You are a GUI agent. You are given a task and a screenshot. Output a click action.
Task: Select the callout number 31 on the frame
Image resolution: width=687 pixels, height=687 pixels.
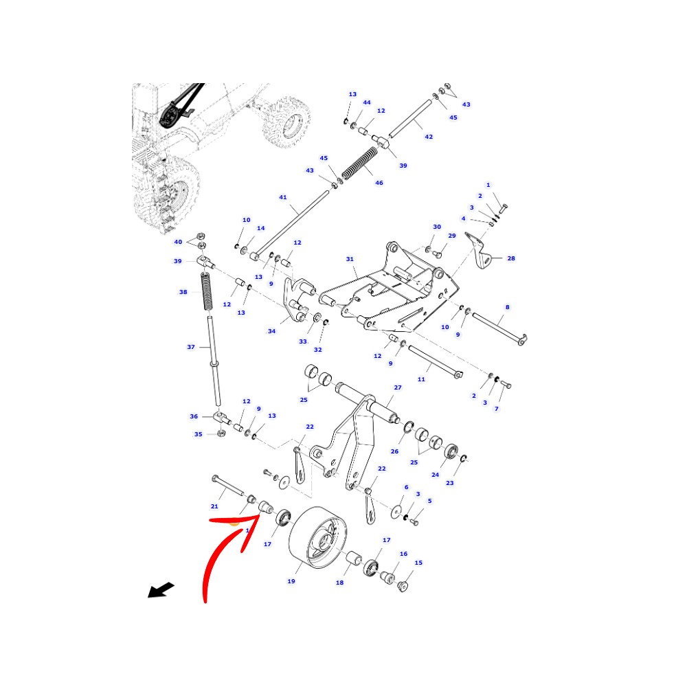pyautogui.click(x=350, y=259)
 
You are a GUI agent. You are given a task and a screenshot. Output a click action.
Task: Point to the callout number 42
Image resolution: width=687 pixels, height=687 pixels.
pyautogui.click(x=429, y=137)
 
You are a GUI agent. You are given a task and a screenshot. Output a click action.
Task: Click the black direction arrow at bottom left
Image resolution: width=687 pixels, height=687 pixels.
pyautogui.click(x=161, y=590)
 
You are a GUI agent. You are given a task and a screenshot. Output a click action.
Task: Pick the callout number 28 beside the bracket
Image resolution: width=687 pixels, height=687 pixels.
pyautogui.click(x=511, y=258)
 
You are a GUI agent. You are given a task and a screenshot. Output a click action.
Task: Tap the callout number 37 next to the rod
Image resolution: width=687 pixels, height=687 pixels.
pyautogui.click(x=191, y=347)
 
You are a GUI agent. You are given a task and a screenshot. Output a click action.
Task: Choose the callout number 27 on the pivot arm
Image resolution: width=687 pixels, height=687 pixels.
pyautogui.click(x=397, y=387)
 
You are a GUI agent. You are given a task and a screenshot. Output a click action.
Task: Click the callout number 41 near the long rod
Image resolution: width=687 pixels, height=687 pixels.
pyautogui.click(x=282, y=197)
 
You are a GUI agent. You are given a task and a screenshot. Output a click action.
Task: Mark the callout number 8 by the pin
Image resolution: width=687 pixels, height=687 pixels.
pyautogui.click(x=508, y=307)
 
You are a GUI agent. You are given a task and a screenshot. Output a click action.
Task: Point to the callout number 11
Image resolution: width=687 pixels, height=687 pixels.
pyautogui.click(x=421, y=379)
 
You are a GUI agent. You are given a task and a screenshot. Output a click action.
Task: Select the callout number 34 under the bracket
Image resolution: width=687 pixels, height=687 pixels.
pyautogui.click(x=271, y=331)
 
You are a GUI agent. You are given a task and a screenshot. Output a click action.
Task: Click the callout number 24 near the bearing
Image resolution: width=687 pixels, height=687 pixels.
pyautogui.click(x=435, y=475)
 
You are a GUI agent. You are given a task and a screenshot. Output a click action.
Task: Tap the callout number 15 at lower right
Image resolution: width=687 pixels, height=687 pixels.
pyautogui.click(x=418, y=563)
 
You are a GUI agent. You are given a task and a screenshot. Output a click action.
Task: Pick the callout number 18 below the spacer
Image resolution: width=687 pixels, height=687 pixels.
pyautogui.click(x=339, y=583)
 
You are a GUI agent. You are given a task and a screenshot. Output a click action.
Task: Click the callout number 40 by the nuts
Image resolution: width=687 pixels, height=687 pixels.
pyautogui.click(x=178, y=242)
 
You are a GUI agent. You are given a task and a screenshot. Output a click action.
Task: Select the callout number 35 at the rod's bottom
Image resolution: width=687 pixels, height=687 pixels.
pyautogui.click(x=198, y=434)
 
